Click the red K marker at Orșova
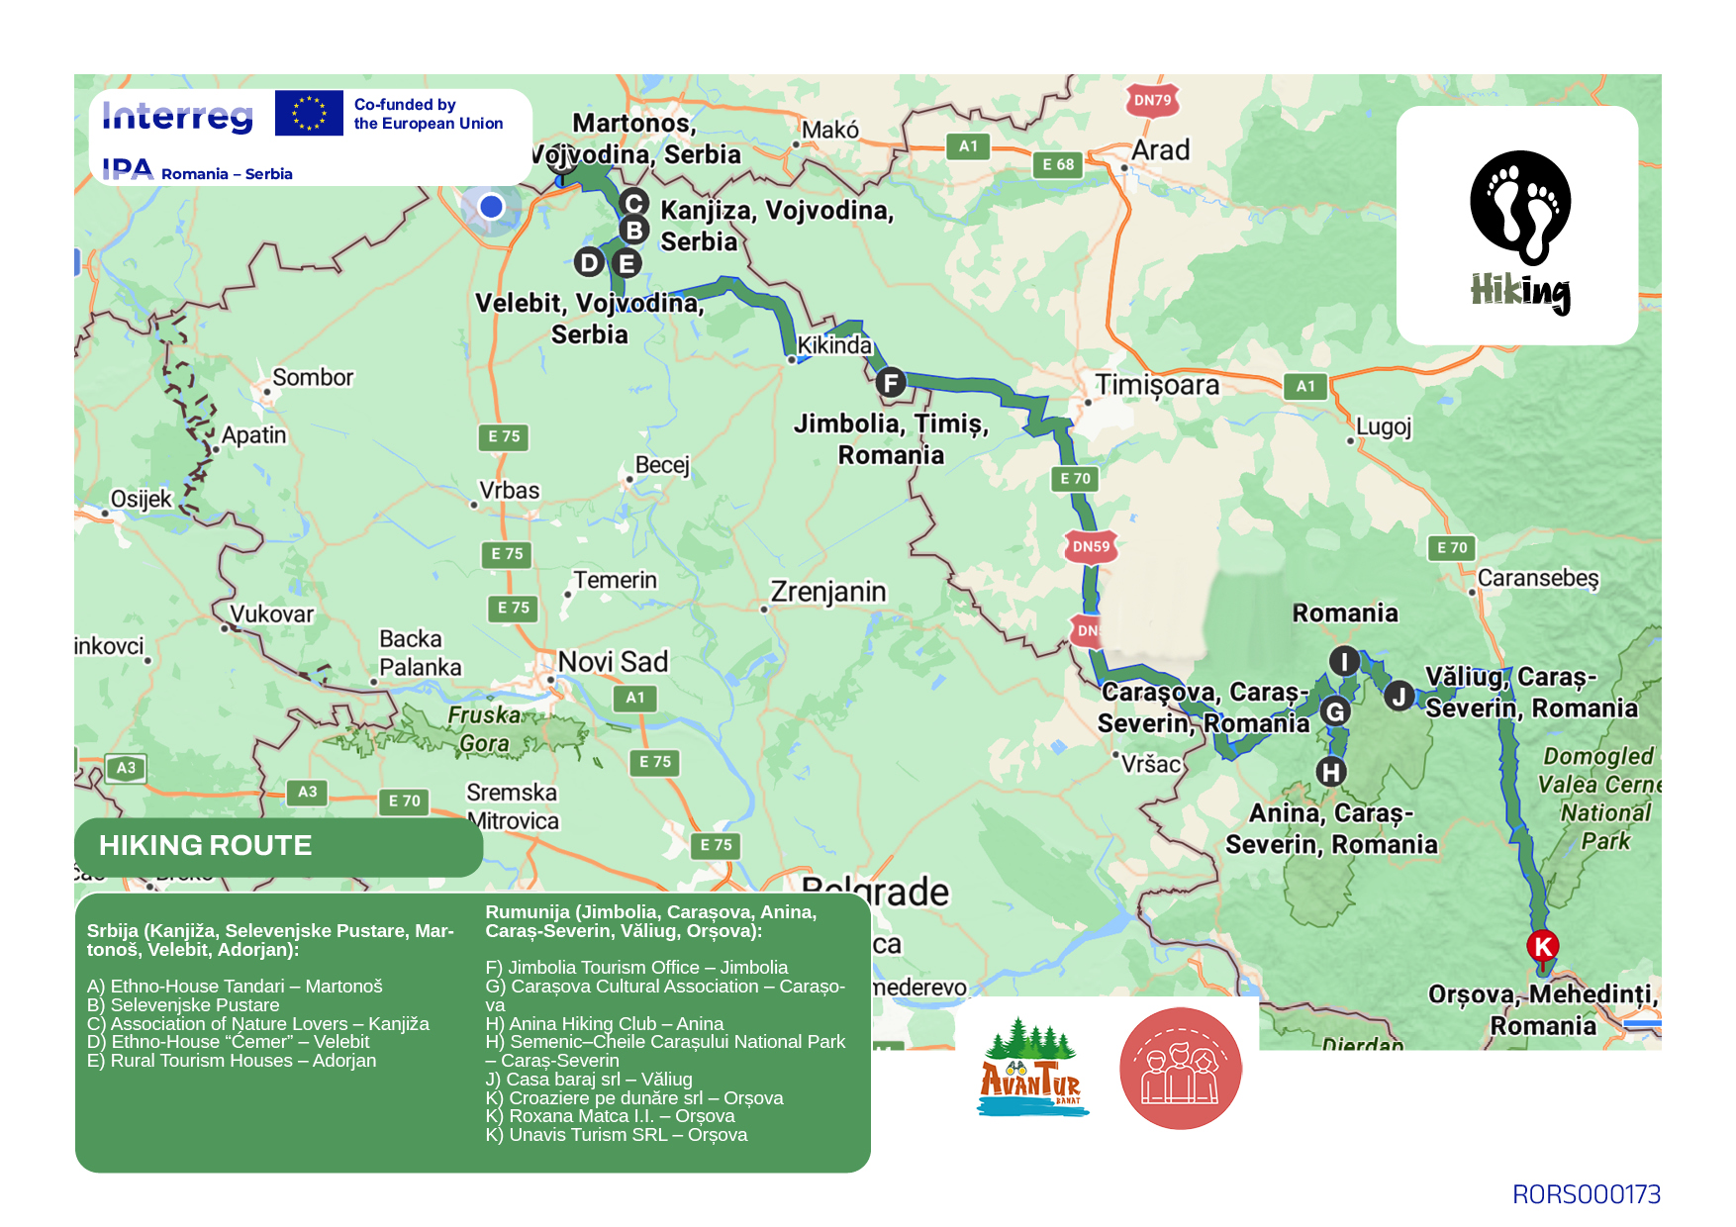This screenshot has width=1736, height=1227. point(1542,946)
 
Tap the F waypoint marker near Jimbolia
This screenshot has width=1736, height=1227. point(891,382)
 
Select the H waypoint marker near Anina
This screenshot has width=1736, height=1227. point(1331,771)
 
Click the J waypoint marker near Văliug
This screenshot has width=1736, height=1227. point(1398,696)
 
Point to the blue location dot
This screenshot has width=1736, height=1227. point(491,206)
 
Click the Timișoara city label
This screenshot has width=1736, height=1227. point(1156,385)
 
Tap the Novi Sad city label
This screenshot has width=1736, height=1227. point(613,662)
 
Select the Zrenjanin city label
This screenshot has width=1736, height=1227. point(828,592)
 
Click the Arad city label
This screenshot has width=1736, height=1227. point(1160,150)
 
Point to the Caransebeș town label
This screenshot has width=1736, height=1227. point(1537,578)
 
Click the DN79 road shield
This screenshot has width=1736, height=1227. point(1152,100)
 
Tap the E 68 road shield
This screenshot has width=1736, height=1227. point(1057,164)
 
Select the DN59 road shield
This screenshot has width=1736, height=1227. point(1091,546)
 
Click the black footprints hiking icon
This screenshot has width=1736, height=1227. point(1519,208)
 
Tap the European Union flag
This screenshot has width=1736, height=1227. point(309,113)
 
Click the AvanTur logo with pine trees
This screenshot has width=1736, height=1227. point(1031,1069)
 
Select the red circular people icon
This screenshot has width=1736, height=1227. point(1180,1069)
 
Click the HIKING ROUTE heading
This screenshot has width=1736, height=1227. point(206,845)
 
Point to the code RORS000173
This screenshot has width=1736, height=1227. point(1586,1194)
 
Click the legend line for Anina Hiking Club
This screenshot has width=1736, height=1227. point(604,1023)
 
